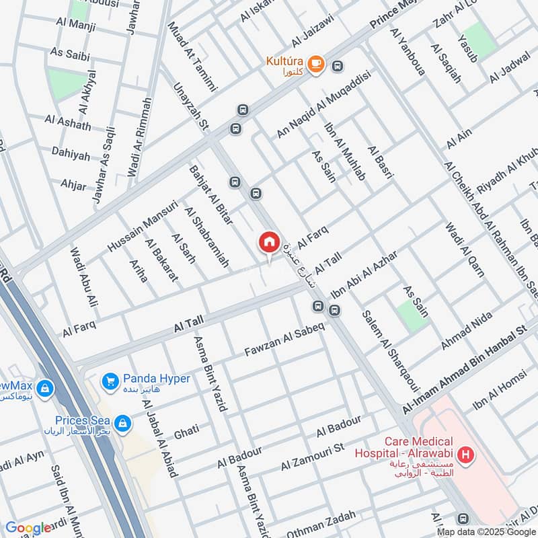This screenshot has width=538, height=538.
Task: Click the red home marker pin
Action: (x=269, y=243)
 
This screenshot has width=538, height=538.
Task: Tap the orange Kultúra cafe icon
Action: (x=317, y=65)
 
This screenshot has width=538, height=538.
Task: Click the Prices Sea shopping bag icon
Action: (x=122, y=423)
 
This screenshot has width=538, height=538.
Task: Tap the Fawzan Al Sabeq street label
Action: (x=284, y=341)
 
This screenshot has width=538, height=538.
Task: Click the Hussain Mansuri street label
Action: (x=142, y=225)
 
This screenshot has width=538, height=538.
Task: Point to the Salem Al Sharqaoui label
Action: (x=390, y=350)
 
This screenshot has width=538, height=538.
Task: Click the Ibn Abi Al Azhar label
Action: (x=363, y=275)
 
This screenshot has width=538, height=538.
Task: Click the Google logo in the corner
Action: (x=28, y=528)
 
